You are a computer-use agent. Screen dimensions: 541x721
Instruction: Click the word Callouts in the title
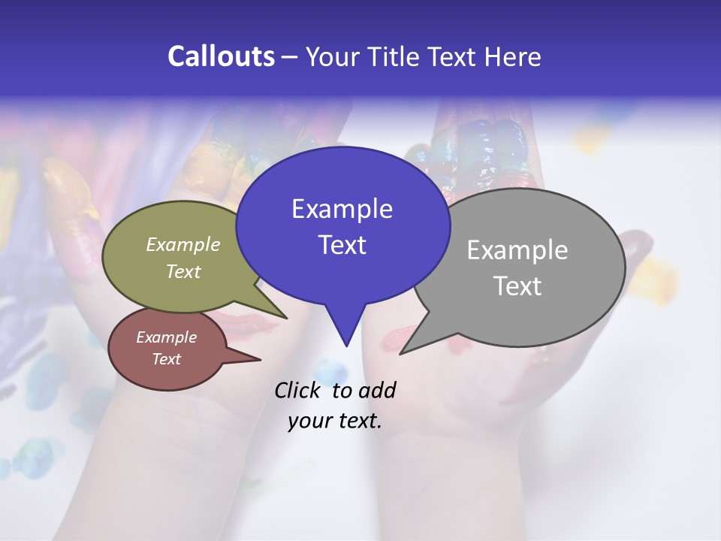point(221,56)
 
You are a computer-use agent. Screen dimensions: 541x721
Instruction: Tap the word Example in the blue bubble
point(342,209)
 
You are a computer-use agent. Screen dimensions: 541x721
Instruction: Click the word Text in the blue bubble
point(342,244)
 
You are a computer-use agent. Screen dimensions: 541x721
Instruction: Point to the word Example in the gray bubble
point(517,250)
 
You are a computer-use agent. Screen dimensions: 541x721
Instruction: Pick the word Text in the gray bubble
point(517,286)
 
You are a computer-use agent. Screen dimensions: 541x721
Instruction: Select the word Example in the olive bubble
point(183,244)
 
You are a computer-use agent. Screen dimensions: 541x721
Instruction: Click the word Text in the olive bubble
point(183,271)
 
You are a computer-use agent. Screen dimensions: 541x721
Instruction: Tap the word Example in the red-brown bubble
point(166,337)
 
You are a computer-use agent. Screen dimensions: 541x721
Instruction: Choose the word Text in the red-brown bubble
point(166,359)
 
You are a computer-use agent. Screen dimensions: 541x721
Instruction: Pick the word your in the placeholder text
point(309,421)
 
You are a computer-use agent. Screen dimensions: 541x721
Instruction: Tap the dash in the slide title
point(290,56)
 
